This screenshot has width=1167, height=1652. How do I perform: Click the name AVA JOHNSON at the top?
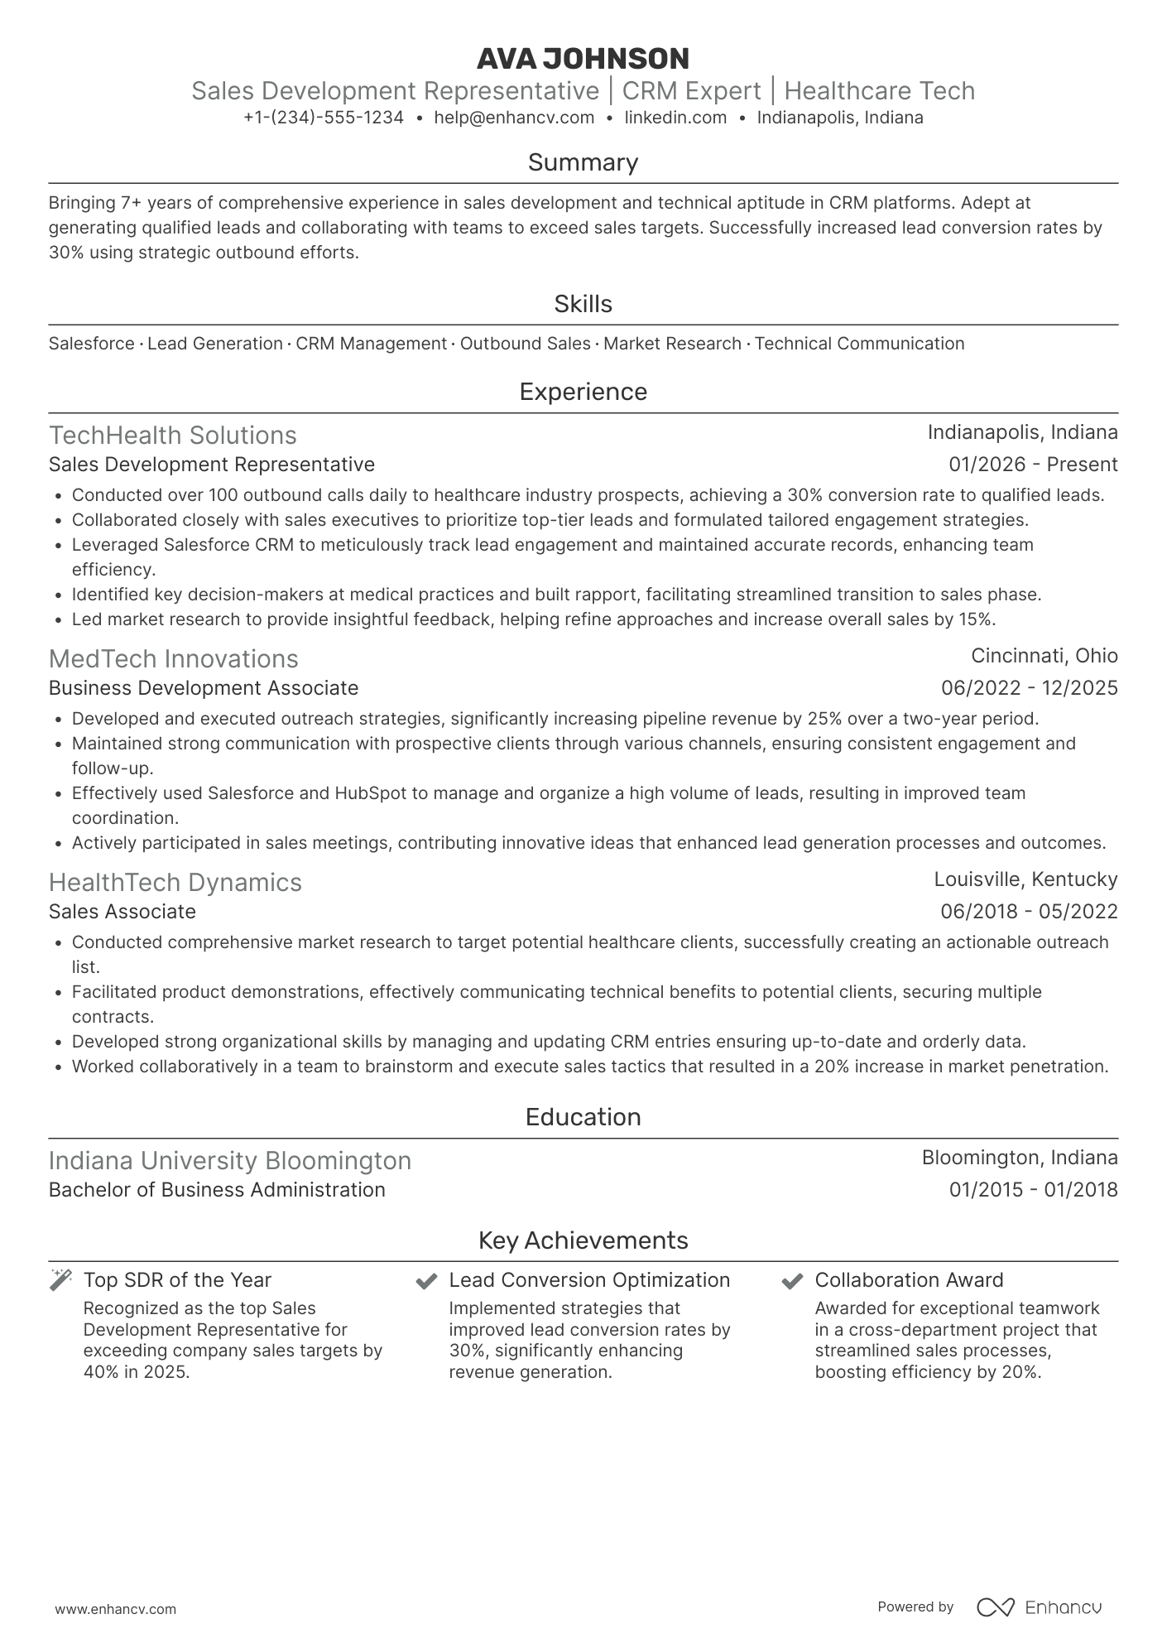[x=583, y=59]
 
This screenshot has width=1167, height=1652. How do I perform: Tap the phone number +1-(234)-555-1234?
[x=324, y=118]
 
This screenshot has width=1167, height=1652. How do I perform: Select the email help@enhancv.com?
[x=514, y=118]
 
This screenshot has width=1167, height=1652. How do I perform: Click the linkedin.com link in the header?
[x=675, y=118]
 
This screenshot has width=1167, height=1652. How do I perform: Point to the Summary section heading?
[x=583, y=162]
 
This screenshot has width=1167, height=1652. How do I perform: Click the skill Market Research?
[x=672, y=344]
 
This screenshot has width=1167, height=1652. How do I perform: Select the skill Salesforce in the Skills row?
[x=91, y=344]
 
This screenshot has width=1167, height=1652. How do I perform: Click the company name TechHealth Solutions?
[x=172, y=436]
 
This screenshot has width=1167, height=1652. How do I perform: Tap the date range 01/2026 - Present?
[x=1033, y=465]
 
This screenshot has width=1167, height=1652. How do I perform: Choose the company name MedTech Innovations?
[x=173, y=659]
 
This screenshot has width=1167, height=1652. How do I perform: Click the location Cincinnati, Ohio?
[x=1044, y=656]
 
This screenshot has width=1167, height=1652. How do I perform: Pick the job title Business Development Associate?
[x=204, y=688]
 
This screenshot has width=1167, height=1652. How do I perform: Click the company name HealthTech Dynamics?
[x=175, y=883]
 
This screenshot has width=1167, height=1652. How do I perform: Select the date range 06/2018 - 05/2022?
[x=1029, y=912]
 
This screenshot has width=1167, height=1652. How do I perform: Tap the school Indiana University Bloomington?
[x=229, y=1161]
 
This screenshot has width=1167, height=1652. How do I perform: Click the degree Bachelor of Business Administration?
[x=217, y=1190]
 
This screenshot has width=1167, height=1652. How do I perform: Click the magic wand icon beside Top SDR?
[x=61, y=1279]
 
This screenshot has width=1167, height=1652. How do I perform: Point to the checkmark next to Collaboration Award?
[x=792, y=1281]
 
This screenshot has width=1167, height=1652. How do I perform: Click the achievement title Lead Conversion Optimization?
[x=589, y=1280]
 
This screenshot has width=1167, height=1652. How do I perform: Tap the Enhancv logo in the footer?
[x=1039, y=1607]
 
